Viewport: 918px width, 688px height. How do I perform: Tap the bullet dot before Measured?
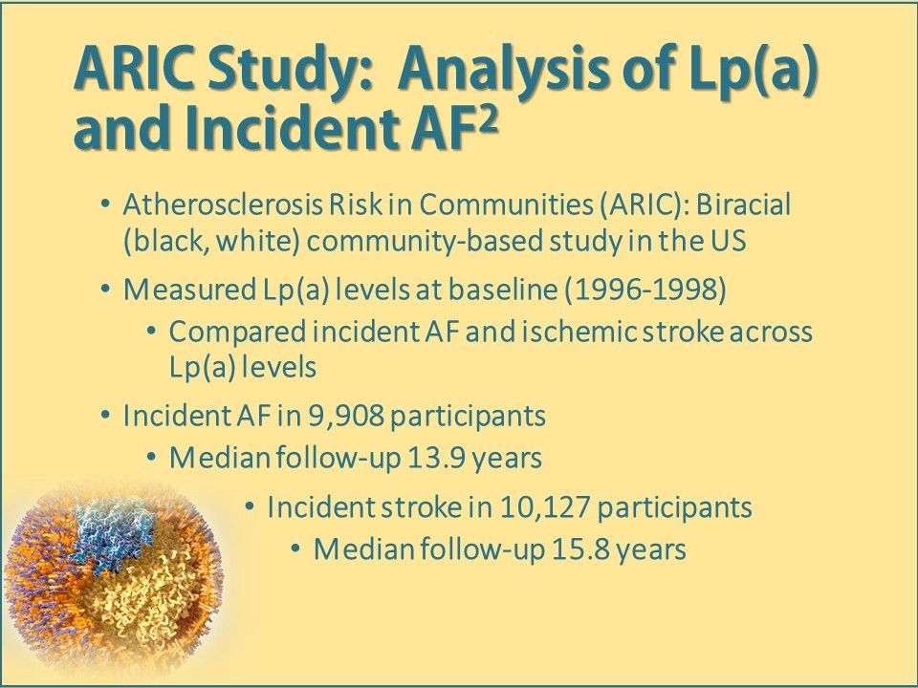[x=105, y=288]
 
